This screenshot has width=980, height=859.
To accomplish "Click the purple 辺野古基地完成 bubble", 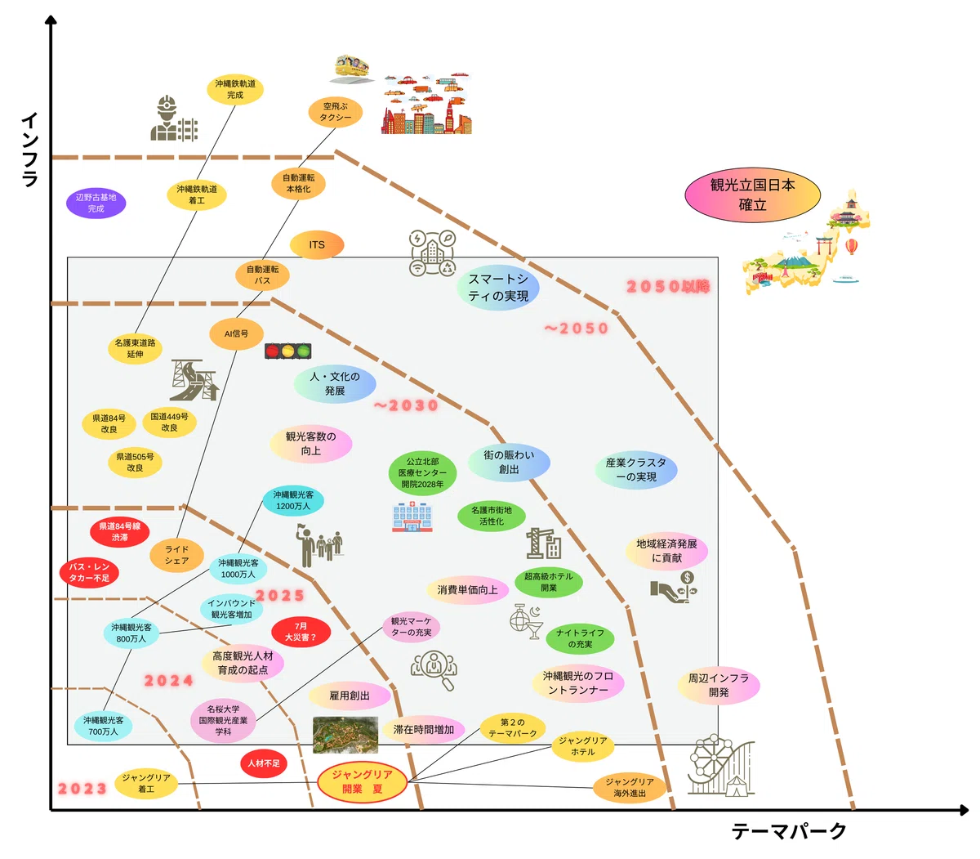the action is coord(96,203).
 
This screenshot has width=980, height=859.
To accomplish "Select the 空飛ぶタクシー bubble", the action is coord(335,112).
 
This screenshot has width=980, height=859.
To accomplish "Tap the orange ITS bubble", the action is coord(317,245).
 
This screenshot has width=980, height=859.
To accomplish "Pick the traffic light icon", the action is coord(287,351).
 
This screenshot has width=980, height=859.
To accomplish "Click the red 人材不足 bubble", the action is coord(264,763).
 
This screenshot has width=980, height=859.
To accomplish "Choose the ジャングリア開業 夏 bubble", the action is coord(362,781).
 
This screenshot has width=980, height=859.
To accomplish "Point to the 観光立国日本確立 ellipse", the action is coord(752,195).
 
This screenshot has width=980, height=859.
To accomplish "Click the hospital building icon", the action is coord(412,517).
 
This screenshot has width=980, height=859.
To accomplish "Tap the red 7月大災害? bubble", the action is coord(301,631).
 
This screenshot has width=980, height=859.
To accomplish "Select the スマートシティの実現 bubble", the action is coord(497,287).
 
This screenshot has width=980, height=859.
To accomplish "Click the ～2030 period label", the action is coord(406,405).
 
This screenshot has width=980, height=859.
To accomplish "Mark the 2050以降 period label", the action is coord(668,286).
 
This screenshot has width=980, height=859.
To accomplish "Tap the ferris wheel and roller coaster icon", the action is coord(720,766).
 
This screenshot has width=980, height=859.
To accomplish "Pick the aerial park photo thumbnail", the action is coord(345,735).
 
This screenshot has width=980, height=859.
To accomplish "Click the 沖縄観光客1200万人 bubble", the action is coord(292,500).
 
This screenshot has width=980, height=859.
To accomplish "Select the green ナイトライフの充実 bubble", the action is coord(580,638).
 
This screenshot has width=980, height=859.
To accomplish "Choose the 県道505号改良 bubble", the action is coord(135,462).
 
